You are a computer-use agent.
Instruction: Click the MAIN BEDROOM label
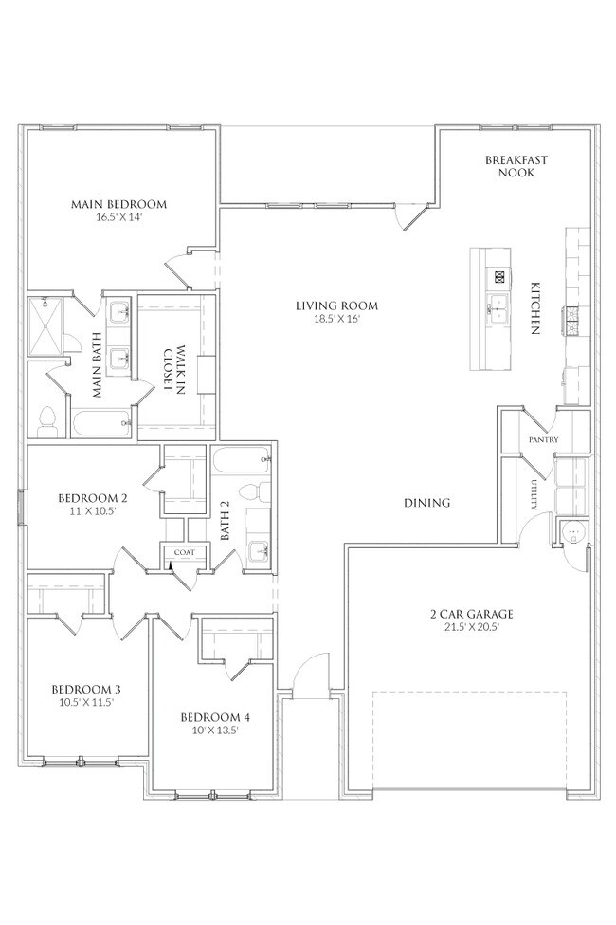coord(118,204)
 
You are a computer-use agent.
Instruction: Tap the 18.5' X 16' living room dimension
coord(336,320)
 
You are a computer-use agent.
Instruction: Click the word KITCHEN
coord(535,307)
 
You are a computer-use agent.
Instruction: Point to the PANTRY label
coord(544,440)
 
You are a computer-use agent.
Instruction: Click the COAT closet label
coord(183,552)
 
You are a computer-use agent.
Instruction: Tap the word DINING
coord(426,503)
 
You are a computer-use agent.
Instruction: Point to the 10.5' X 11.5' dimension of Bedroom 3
coord(85,703)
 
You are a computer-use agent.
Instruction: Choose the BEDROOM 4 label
coord(215,716)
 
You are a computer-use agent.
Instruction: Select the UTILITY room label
coord(535,494)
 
